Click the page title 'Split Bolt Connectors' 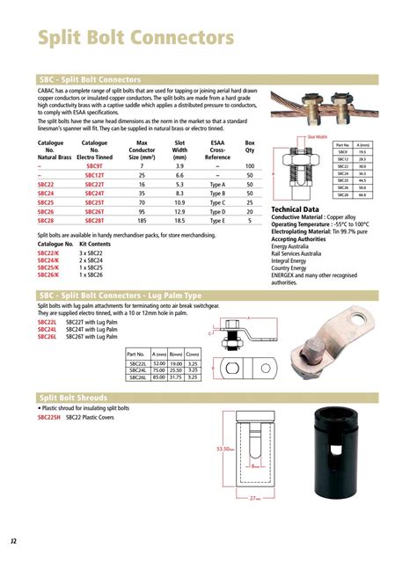click(x=135, y=39)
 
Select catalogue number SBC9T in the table click(x=94, y=165)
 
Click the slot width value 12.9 click(x=179, y=211)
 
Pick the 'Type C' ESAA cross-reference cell click(x=218, y=202)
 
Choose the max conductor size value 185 click(x=141, y=221)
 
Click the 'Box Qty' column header click(x=250, y=145)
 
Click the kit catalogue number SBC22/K click(x=48, y=253)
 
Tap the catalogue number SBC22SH click(x=50, y=418)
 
